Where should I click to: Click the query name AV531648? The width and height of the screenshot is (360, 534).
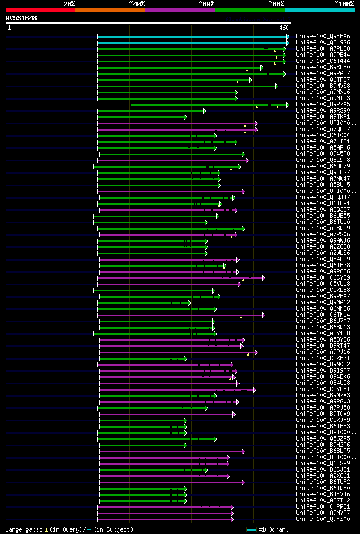pyautogui.click(x=21, y=18)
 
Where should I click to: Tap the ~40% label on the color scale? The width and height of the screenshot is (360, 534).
pyautogui.click(x=137, y=3)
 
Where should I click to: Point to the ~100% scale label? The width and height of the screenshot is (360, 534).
pyautogui.click(x=344, y=3)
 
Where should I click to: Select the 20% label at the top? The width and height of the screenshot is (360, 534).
pyautogui.click(x=69, y=3)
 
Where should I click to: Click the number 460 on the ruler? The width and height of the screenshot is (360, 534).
pyautogui.click(x=283, y=27)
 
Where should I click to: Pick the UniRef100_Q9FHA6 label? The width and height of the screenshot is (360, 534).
pyautogui.click(x=318, y=36)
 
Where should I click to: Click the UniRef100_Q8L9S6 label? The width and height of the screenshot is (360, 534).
pyautogui.click(x=318, y=42)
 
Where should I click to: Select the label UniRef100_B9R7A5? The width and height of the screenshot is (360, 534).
pyautogui.click(x=318, y=105)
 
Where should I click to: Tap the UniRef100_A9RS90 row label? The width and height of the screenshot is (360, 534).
pyautogui.click(x=318, y=111)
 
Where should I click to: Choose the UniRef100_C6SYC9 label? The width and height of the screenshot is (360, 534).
pyautogui.click(x=318, y=278)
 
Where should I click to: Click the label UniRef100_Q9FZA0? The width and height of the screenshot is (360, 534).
pyautogui.click(x=318, y=519)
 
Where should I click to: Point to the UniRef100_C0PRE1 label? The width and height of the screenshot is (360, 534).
pyautogui.click(x=318, y=507)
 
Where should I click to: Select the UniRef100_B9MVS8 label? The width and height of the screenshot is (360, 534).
pyautogui.click(x=318, y=86)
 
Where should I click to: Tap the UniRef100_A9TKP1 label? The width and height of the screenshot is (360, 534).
pyautogui.click(x=318, y=117)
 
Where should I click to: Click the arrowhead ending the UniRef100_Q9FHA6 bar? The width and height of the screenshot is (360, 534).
pyautogui.click(x=287, y=36)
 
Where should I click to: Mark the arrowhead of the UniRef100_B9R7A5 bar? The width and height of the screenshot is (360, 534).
pyautogui.click(x=287, y=105)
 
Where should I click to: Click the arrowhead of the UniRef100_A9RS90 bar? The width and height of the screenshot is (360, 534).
pyautogui.click(x=204, y=111)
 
